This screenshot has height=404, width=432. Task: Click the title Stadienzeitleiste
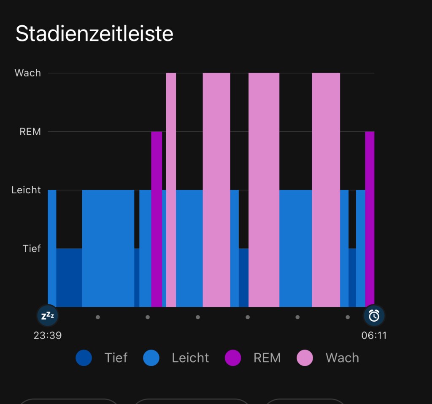click(x=94, y=34)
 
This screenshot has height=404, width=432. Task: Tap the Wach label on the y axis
click(x=28, y=73)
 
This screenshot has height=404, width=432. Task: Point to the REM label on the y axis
click(x=30, y=132)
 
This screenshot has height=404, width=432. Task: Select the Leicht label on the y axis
click(x=26, y=190)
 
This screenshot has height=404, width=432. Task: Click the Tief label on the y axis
click(x=32, y=249)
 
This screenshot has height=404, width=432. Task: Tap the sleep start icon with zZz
click(x=48, y=315)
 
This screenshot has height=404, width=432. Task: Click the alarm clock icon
click(x=374, y=315)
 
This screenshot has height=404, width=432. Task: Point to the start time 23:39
click(x=48, y=336)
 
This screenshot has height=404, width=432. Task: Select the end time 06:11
click(x=374, y=336)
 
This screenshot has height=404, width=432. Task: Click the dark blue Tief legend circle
click(x=84, y=358)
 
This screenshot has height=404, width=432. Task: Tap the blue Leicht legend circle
click(x=151, y=358)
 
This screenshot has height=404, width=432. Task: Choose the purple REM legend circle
click(x=233, y=358)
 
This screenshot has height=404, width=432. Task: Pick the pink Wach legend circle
click(x=305, y=358)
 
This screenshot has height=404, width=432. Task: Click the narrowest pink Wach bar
click(x=171, y=190)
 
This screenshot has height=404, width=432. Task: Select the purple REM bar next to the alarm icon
click(x=370, y=220)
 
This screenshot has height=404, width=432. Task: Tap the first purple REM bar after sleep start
click(x=157, y=220)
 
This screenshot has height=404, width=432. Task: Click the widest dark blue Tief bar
click(x=69, y=277)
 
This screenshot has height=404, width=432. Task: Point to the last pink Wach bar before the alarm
click(x=326, y=190)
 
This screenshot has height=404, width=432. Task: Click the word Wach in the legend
click(x=342, y=358)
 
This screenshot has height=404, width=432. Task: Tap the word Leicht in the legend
click(x=190, y=358)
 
